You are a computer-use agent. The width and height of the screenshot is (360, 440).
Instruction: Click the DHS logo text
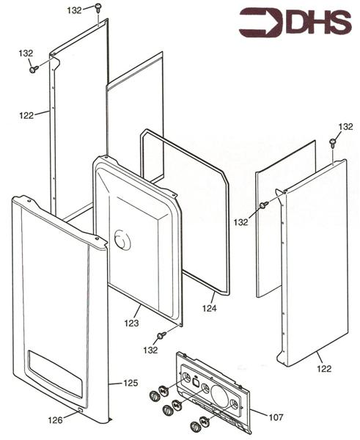click(x=318, y=22)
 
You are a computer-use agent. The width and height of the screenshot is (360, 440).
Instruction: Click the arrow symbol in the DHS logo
click(x=261, y=23)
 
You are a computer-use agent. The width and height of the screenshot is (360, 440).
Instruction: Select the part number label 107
click(x=276, y=417)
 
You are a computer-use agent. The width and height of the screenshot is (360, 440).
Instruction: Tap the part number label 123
click(x=131, y=323)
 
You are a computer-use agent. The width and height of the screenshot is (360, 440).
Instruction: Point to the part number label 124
click(x=210, y=308)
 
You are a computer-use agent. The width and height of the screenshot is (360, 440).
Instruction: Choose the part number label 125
click(x=131, y=383)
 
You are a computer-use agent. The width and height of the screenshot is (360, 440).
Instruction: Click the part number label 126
click(x=55, y=419)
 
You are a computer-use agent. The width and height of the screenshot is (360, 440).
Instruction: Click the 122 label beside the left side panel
click(x=26, y=115)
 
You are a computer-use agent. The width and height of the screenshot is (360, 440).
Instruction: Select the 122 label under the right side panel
click(x=324, y=368)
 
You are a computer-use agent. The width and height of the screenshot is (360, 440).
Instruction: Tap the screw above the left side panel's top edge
click(x=98, y=7)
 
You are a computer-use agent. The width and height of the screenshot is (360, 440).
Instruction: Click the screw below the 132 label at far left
click(x=34, y=69)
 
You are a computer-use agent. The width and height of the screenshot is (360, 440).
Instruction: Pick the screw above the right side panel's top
click(x=333, y=143)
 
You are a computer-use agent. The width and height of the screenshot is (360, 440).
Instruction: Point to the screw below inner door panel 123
click(x=161, y=335)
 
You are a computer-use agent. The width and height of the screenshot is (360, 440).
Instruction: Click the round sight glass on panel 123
click(x=122, y=239)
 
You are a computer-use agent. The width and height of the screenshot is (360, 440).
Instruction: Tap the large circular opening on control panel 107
click(x=220, y=396)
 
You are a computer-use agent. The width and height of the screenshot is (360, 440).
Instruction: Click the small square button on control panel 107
click(x=196, y=382)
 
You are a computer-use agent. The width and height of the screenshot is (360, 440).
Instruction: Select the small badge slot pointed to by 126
click(x=80, y=409)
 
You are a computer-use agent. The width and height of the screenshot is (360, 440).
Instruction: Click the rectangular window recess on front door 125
click(x=55, y=374)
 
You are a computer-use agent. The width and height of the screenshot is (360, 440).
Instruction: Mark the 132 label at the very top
click(x=74, y=10)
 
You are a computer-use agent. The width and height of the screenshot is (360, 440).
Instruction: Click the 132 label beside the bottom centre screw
click(x=150, y=350)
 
